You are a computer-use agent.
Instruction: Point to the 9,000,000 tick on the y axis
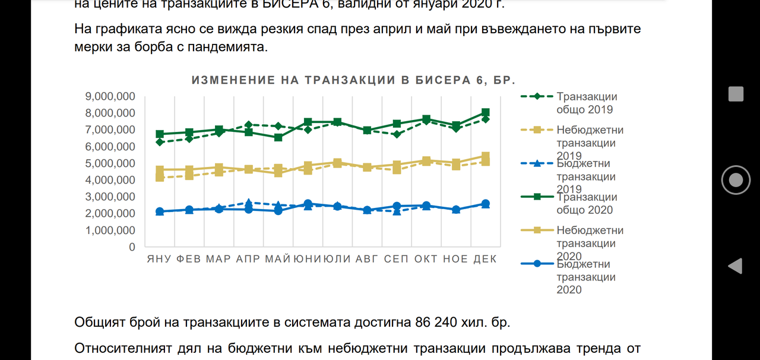(x=110, y=96)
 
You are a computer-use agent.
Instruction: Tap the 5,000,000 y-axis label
(x=110, y=163)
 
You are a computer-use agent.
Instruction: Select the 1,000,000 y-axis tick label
(x=110, y=230)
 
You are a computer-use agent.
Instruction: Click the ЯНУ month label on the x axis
(x=160, y=259)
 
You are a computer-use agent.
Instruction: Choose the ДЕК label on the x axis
(x=484, y=259)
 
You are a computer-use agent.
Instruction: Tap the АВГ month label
(x=367, y=259)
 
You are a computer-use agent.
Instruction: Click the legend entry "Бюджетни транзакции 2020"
(x=585, y=277)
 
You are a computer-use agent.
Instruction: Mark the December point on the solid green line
(x=485, y=112)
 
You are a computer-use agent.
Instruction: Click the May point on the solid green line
(x=278, y=137)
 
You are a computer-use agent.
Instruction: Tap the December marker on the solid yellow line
(x=485, y=157)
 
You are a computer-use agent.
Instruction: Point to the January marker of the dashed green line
(x=160, y=142)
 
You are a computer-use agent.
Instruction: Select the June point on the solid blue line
(x=308, y=204)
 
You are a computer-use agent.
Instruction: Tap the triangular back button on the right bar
(x=735, y=266)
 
